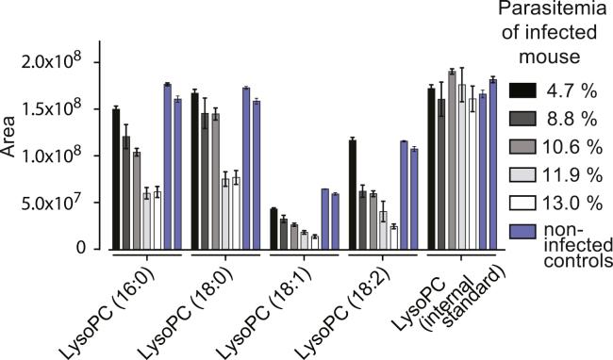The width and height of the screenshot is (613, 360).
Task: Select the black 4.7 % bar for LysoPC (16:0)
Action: [x=116, y=179]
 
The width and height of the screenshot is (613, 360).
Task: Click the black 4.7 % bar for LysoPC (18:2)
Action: [x=352, y=194]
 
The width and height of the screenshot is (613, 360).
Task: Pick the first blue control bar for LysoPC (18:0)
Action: [x=245, y=169]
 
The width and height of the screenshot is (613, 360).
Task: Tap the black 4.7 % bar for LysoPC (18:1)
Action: [x=273, y=229]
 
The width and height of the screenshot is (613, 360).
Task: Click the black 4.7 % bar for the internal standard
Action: [x=430, y=169]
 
